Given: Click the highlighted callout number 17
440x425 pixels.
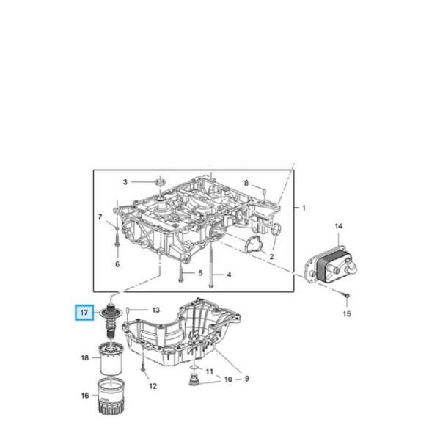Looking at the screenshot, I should pyautogui.click(x=84, y=313).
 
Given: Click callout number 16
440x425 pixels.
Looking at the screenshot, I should pyautogui.click(x=85, y=396).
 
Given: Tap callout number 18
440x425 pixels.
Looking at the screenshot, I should pyautogui.click(x=85, y=359).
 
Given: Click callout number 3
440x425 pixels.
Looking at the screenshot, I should pyautogui.click(x=125, y=181).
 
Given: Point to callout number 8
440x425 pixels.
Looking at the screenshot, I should pyautogui.click(x=246, y=182).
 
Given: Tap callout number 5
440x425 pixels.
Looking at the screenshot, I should pyautogui.click(x=199, y=274).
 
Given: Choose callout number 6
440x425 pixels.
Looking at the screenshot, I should pyautogui.click(x=117, y=264).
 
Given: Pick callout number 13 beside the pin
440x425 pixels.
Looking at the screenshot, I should pyautogui.click(x=155, y=310).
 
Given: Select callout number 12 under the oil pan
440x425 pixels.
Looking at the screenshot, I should pyautogui.click(x=153, y=386).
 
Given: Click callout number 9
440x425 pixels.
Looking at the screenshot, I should pyautogui.click(x=247, y=379).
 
